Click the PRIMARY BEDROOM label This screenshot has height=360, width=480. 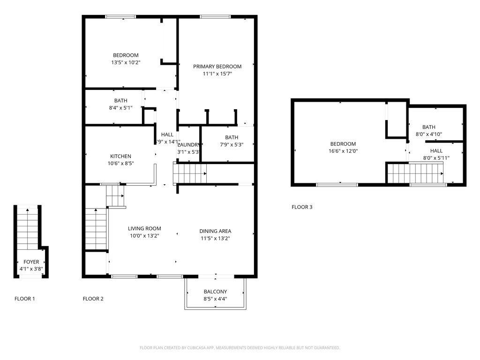click(x=217, y=67)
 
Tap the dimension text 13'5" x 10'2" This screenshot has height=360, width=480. click(x=125, y=62)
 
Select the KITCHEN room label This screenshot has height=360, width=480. click(x=120, y=156)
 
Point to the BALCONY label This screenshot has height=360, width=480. click(x=215, y=292)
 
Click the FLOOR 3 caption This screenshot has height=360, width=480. click(x=302, y=207)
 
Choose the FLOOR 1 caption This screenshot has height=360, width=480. click(x=24, y=299)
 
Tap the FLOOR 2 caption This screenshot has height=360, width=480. click(x=93, y=299)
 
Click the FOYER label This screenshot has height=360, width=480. click(x=31, y=262)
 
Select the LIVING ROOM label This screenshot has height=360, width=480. click(x=144, y=229)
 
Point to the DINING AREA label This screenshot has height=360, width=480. click(x=215, y=231)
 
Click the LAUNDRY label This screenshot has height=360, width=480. click(x=188, y=145)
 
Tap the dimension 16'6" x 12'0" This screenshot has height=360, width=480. click(x=343, y=151)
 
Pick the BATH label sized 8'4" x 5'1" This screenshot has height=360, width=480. click(x=120, y=100)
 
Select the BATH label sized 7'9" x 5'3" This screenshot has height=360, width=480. click(x=232, y=137)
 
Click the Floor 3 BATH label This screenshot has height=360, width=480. click(x=428, y=127)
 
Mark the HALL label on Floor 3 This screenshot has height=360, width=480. click(x=436, y=150)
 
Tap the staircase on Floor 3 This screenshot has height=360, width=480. click(x=414, y=173)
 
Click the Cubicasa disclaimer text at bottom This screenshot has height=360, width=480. click(x=240, y=348)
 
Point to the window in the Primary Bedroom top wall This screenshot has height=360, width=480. click(x=215, y=17)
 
